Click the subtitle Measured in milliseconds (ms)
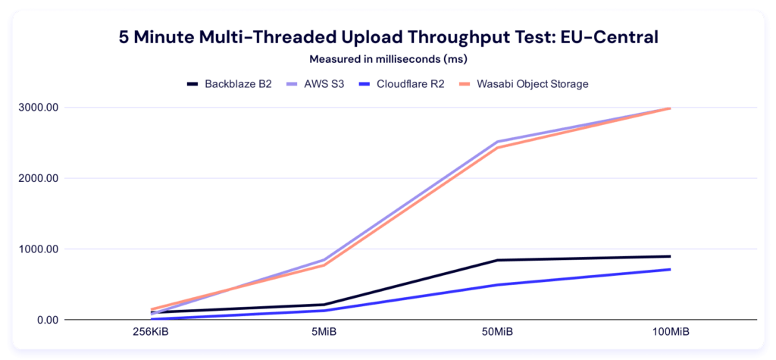(387, 58)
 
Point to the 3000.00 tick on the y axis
(40, 108)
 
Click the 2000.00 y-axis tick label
(40, 179)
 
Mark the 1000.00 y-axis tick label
(40, 249)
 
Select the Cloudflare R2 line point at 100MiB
(669, 269)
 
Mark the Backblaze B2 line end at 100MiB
(669, 256)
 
